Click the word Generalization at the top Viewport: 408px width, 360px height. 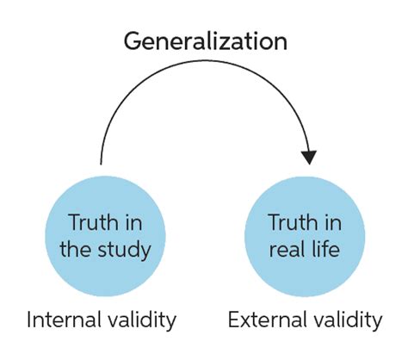pos(205,41)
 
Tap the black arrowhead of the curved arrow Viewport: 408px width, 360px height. pos(309,158)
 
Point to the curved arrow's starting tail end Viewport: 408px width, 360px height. pos(101,164)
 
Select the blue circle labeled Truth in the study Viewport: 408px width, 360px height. pos(105,236)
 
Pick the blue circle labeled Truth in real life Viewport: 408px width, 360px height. pos(305,236)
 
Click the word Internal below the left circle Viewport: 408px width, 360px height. pos(64,320)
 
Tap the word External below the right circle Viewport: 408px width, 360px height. pos(266,320)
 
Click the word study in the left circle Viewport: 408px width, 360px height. pos(124,249)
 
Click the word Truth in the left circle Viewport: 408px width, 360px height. pos(93,222)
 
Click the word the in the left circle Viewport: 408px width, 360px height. pos(77,249)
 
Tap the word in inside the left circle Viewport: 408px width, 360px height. pos(133,223)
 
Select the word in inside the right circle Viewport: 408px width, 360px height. pos(333,223)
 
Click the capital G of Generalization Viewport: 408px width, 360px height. pos(133,42)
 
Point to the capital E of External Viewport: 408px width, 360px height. pos(234,320)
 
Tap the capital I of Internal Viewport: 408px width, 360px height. pos(28,320)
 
